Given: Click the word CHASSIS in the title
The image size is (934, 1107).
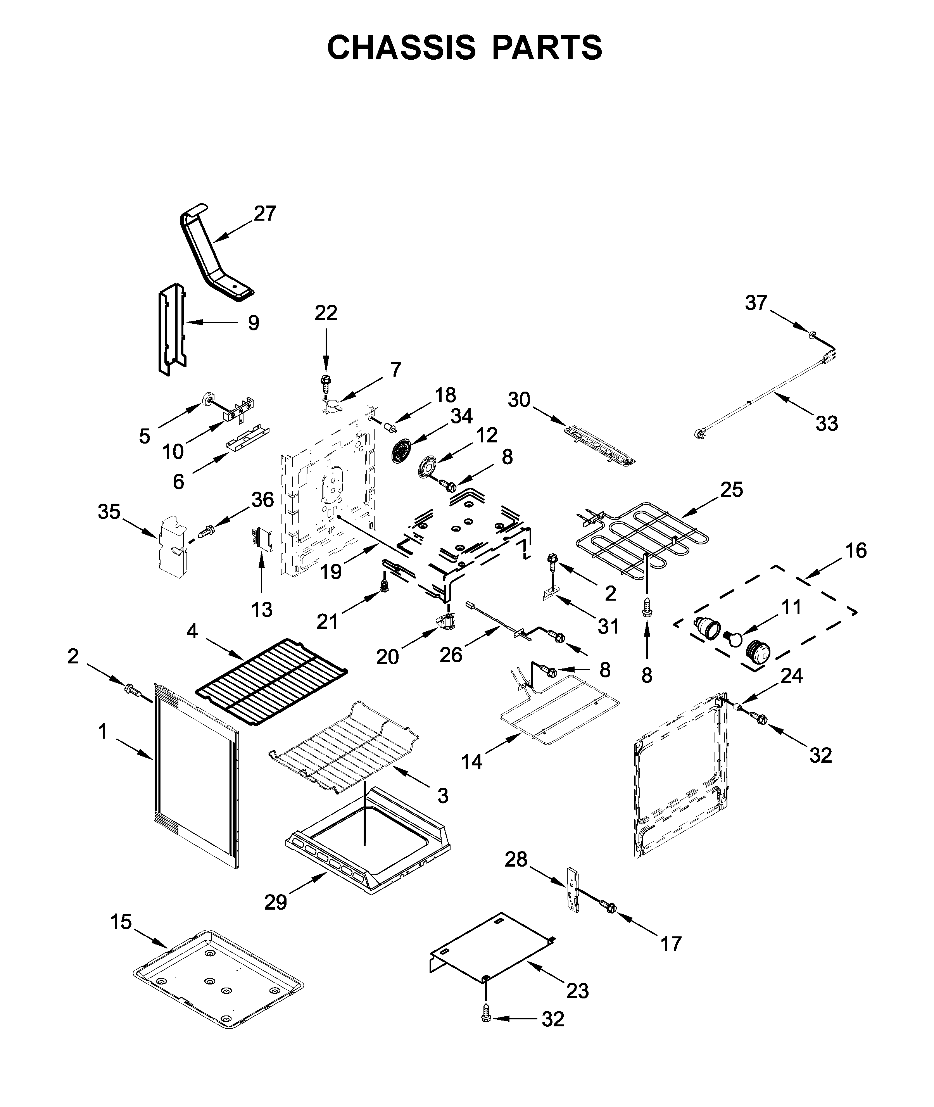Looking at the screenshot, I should (x=401, y=48).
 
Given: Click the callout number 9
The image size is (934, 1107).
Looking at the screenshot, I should (x=254, y=323).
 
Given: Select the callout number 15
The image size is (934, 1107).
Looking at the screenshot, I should (x=121, y=922).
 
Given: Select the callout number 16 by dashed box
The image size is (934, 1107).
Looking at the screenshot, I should (x=856, y=551).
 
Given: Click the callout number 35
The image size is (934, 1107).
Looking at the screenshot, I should (x=109, y=512).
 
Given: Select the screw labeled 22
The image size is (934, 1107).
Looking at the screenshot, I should (x=325, y=381).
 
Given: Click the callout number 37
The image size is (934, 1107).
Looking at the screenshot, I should (x=756, y=303).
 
